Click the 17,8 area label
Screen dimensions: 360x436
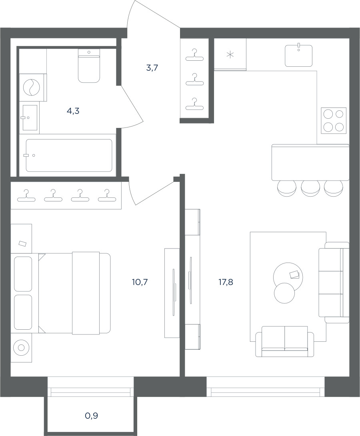[x=226, y=283]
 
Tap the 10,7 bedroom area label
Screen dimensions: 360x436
[x=140, y=283]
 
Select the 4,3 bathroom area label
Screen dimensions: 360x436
[x=73, y=111]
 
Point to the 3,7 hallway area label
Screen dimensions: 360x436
[x=152, y=68]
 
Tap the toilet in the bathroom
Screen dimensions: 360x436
[x=89, y=66]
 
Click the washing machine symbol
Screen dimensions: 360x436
[x=32, y=87]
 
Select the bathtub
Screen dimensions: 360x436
[x=69, y=155]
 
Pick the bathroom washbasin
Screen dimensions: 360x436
[x=30, y=117]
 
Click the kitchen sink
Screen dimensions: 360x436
[x=298, y=56]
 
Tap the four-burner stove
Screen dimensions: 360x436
[x=333, y=121]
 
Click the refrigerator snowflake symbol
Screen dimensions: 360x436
[x=230, y=55]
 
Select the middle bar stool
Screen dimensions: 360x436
[x=310, y=189]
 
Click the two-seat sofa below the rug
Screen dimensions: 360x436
[x=284, y=341]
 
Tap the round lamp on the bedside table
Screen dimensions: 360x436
[x=21, y=348]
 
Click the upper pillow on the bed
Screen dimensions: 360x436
[x=23, y=274]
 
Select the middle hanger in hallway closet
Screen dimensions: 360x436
[x=194, y=80]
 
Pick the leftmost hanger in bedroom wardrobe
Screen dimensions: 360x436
[x=26, y=196]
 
